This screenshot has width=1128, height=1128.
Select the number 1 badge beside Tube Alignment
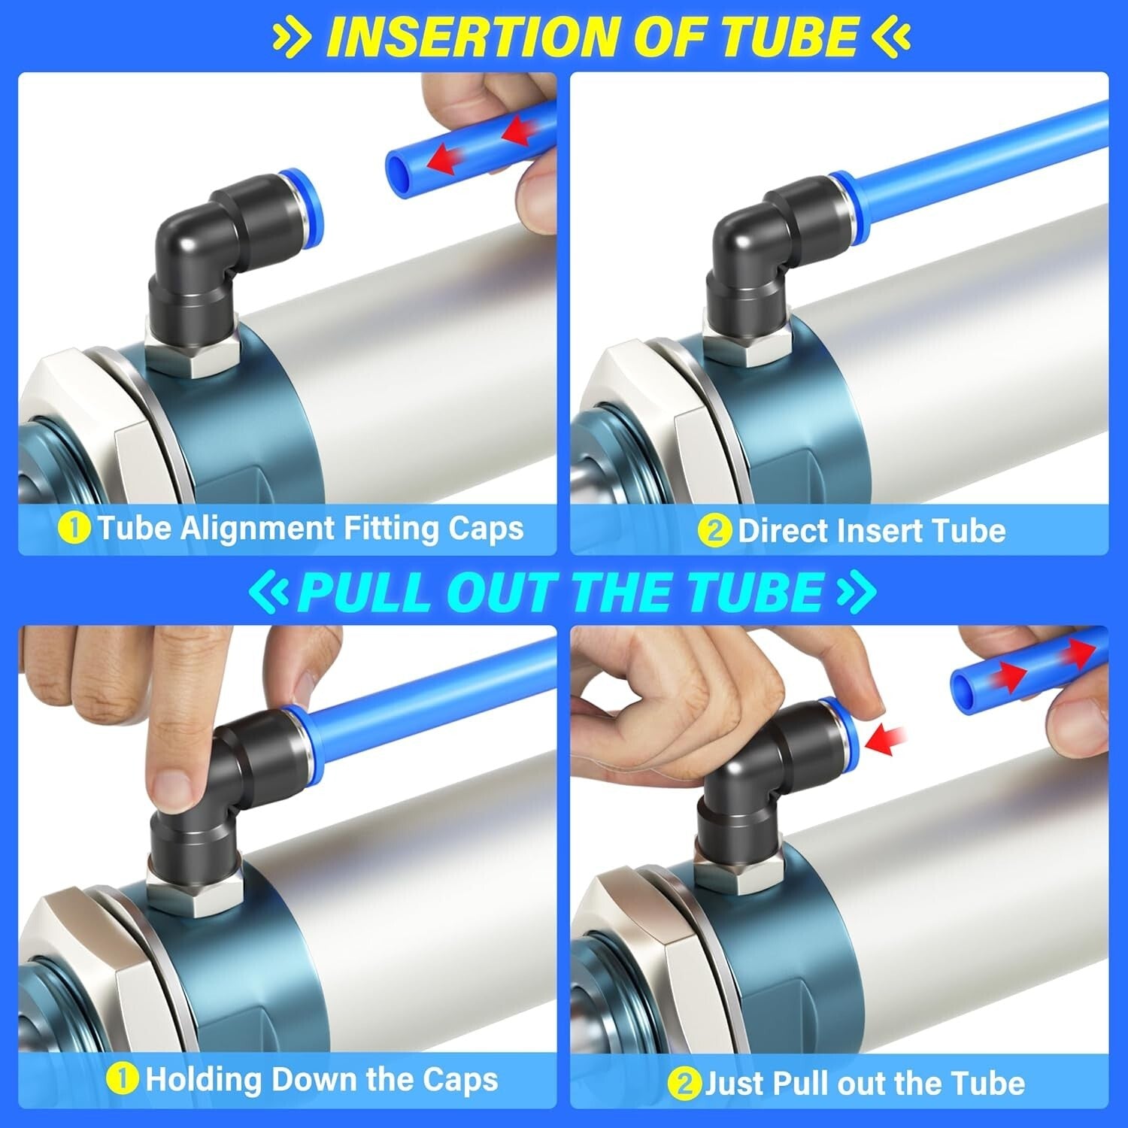[74, 529]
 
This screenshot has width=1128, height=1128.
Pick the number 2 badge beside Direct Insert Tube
[714, 531]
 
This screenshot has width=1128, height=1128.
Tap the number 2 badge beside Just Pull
[684, 1084]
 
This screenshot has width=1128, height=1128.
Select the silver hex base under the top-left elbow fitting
[193, 353]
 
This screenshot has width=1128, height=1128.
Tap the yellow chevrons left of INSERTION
[294, 36]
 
